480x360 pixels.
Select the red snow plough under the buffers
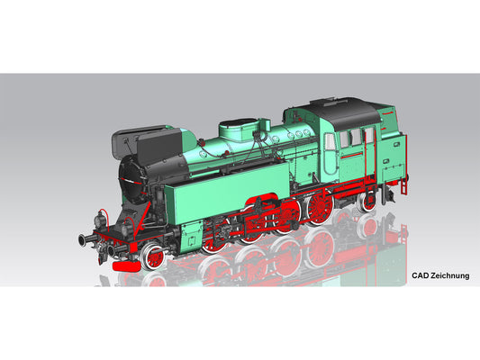coord(126,257)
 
